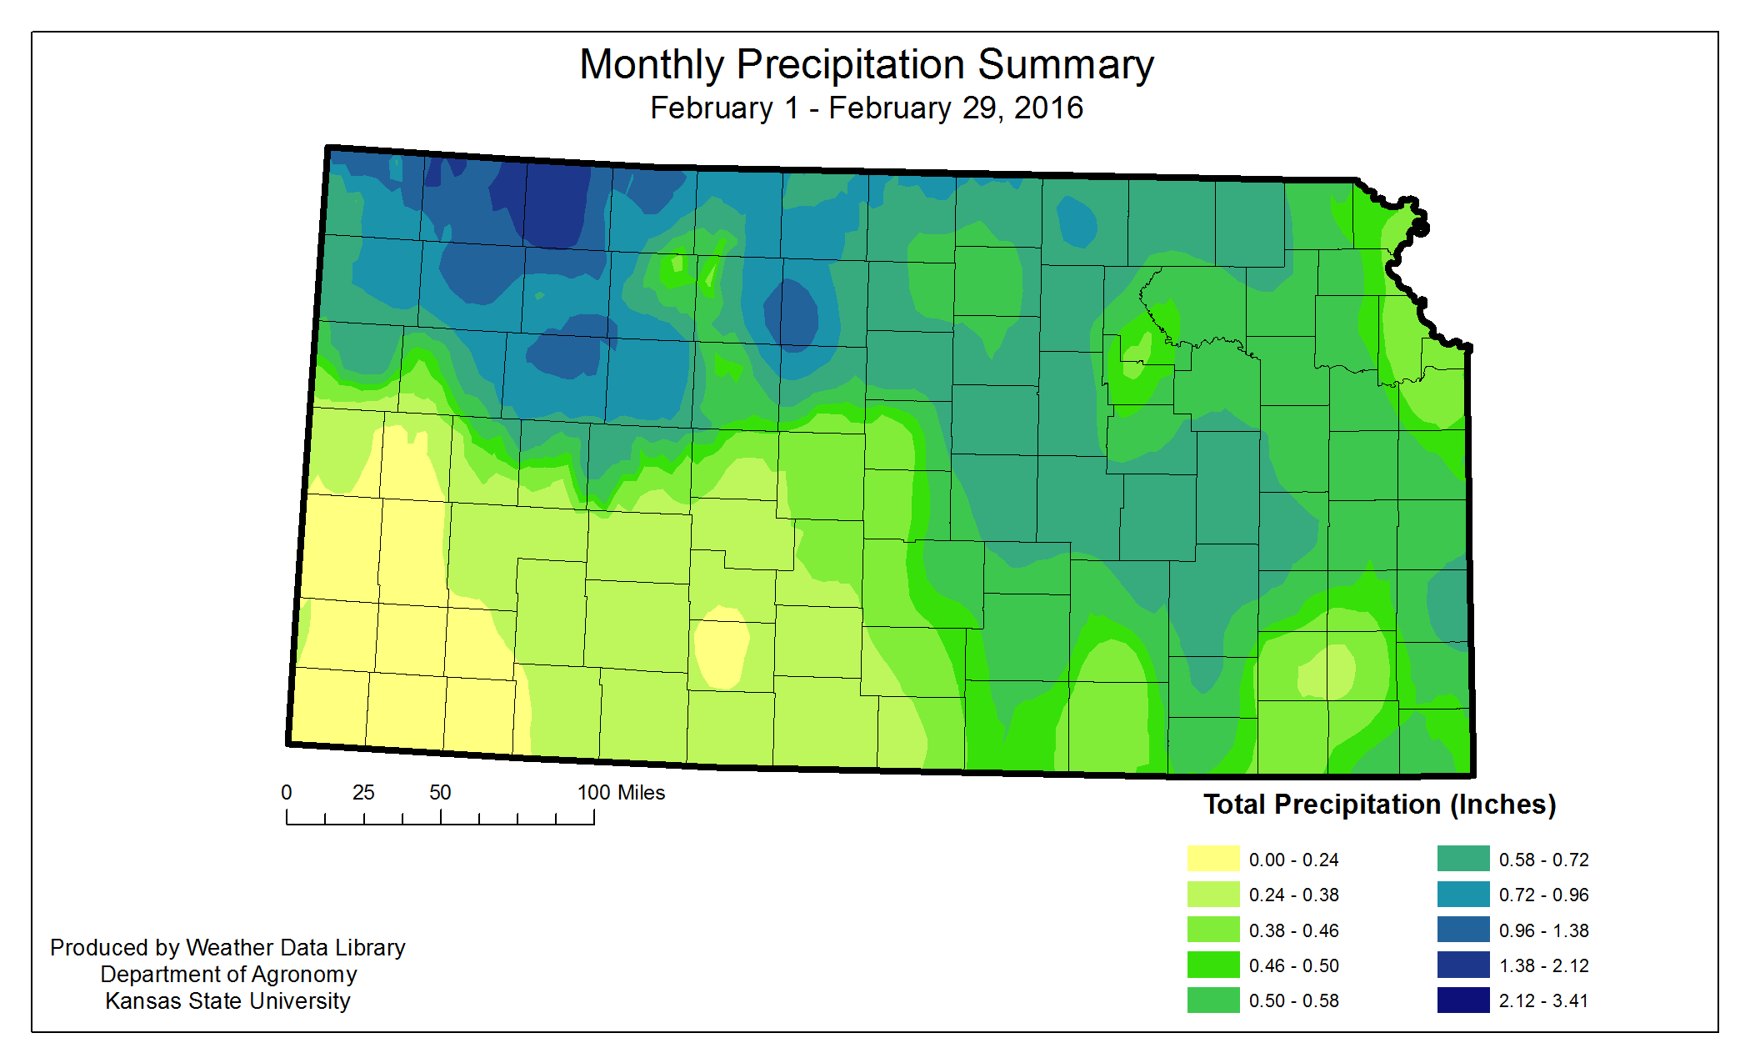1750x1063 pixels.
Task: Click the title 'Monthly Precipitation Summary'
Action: (867, 64)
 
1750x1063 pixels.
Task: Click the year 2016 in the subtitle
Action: (1048, 108)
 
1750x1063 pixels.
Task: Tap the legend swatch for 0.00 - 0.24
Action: (1212, 859)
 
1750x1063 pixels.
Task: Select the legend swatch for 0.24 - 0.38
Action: (1212, 894)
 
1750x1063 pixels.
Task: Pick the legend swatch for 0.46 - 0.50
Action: (1212, 965)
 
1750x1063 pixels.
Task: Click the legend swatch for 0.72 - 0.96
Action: (1462, 894)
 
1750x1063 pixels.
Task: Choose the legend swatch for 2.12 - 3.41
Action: (1462, 1000)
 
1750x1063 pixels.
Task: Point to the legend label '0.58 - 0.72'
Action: (1543, 860)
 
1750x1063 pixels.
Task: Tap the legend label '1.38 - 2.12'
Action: (1543, 965)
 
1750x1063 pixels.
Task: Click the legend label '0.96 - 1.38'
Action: (1543, 930)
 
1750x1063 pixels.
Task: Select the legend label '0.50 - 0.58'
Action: (1293, 1000)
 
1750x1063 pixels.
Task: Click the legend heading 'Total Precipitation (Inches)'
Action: (1379, 805)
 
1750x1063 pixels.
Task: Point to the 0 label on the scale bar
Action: (287, 792)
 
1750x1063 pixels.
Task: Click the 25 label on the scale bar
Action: (363, 792)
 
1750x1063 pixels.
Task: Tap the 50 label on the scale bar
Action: (440, 792)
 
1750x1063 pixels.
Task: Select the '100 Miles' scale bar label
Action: (621, 792)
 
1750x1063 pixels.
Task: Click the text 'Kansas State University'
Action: (227, 1000)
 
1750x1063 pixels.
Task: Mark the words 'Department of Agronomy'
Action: (228, 974)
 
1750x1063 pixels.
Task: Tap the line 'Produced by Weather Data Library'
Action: (227, 947)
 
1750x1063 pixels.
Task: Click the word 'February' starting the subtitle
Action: (711, 108)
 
